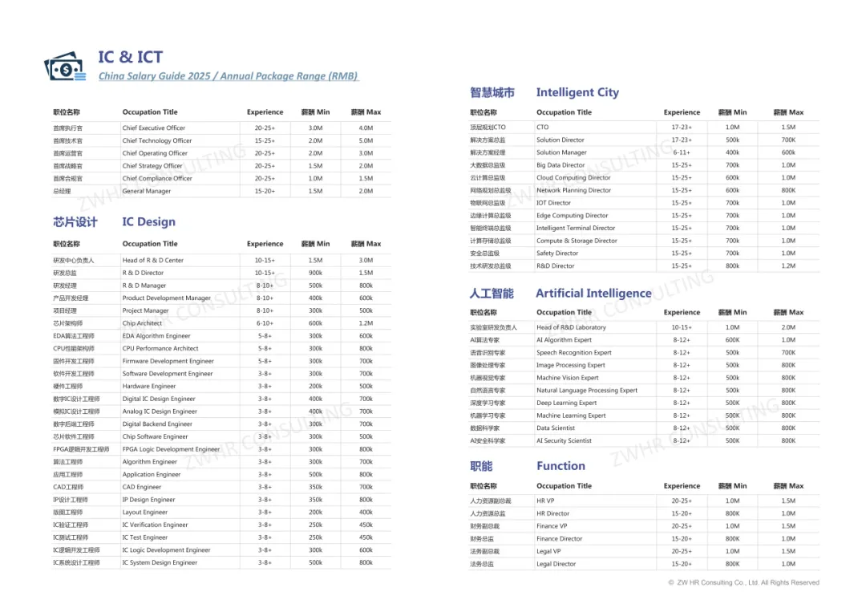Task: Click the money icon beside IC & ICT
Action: [65, 67]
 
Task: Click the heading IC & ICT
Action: [130, 57]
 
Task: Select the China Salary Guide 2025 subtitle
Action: [228, 76]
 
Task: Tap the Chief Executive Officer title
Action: [153, 128]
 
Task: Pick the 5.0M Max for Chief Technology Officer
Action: [366, 140]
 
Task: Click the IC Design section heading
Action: [148, 222]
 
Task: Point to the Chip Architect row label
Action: [142, 323]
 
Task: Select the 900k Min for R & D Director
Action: [315, 273]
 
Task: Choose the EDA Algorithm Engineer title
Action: [156, 336]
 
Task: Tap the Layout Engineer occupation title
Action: [145, 513]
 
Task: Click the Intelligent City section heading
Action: [577, 92]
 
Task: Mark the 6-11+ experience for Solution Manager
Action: [682, 152]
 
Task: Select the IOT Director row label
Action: [553, 203]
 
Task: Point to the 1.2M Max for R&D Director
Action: [788, 266]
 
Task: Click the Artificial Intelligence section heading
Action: [593, 294]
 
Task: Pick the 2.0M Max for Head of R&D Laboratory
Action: [788, 327]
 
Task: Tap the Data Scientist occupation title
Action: [556, 428]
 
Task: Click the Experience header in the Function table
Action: [682, 486]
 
